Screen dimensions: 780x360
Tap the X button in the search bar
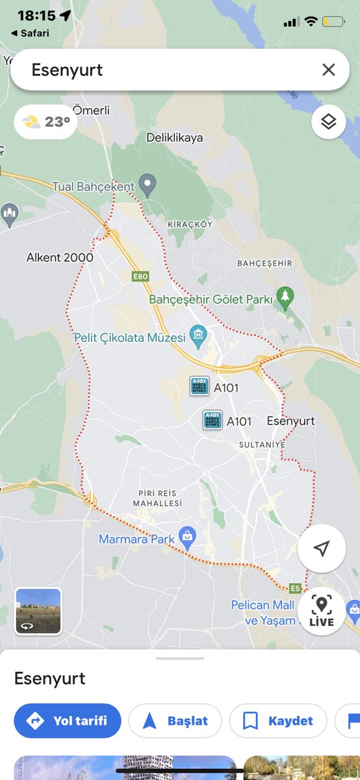329,70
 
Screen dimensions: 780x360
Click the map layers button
328,122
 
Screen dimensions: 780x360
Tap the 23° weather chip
45,122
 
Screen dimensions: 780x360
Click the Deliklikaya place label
174,138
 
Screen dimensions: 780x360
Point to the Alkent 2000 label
60,257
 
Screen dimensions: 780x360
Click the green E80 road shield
140,276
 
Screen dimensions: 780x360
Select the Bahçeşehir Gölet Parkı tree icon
285,297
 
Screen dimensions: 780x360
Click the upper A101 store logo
199,387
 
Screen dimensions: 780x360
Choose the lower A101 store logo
212,420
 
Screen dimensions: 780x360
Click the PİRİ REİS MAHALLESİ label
157,499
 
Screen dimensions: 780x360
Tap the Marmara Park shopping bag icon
188,536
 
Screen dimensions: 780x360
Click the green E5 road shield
296,588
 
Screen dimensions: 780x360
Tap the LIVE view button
322,611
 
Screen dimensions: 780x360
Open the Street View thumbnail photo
38,610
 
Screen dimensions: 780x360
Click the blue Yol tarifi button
68,720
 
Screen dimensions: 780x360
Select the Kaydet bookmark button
277,720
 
